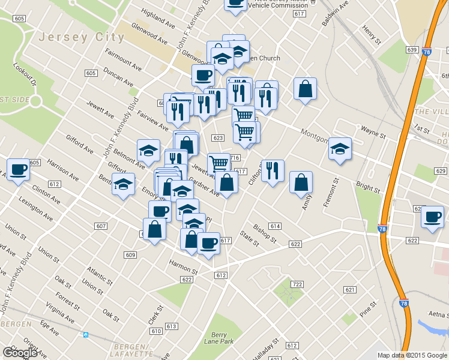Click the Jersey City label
point(81,37)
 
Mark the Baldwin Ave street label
point(335,14)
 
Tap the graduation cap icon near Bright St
point(340,149)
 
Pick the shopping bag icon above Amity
point(301,182)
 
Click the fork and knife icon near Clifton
point(273,171)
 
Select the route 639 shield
point(411,49)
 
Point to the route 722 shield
point(296,284)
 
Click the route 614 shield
point(275,226)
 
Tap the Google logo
point(19,353)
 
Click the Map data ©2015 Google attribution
point(412,355)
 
